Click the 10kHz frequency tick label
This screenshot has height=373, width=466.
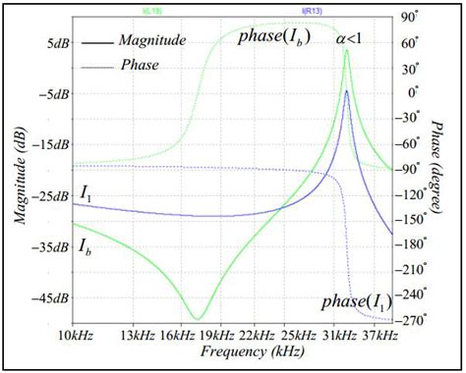(x=76, y=337)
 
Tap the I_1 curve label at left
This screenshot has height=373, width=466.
(x=87, y=197)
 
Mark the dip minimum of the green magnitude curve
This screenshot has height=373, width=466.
(x=196, y=317)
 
